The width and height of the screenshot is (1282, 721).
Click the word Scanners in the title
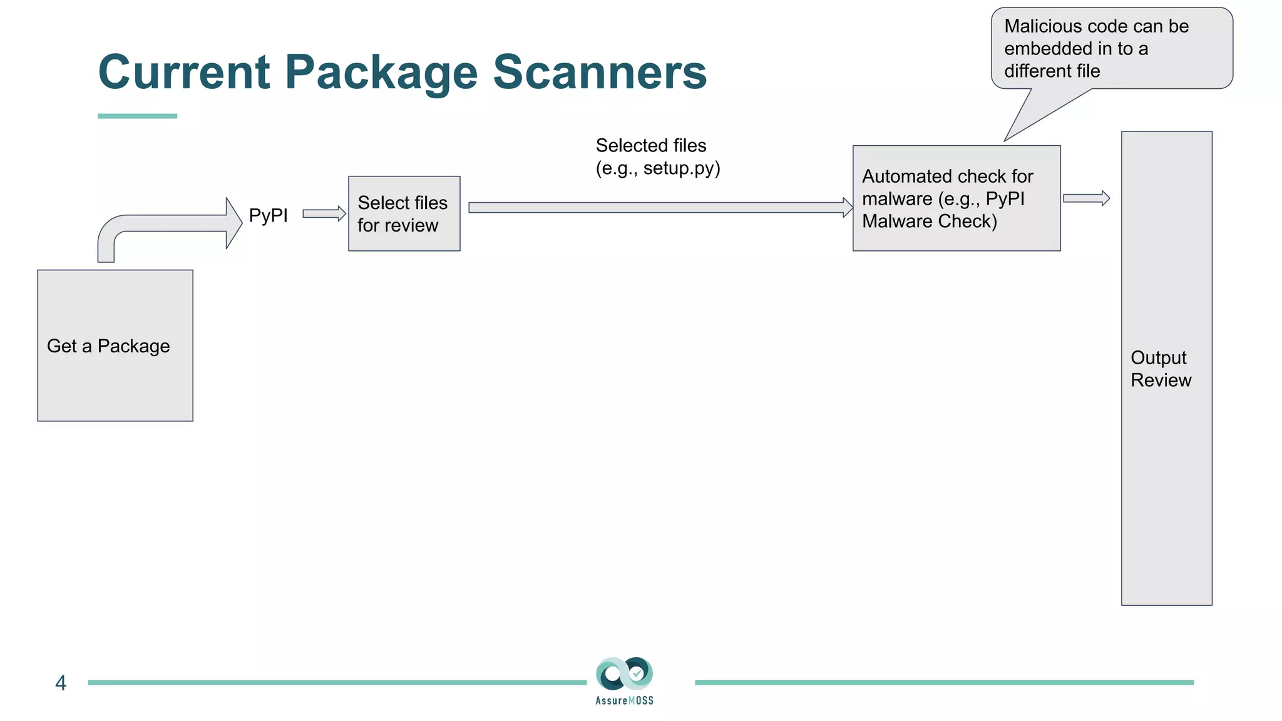(x=599, y=73)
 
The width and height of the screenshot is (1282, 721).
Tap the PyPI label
(x=268, y=215)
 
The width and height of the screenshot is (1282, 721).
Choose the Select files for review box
(x=404, y=213)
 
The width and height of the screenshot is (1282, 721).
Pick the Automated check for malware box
(x=956, y=198)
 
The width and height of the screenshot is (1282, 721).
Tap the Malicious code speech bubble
(x=1111, y=48)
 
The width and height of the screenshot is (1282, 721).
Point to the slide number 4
(x=61, y=682)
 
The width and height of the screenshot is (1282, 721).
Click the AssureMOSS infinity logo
(x=624, y=673)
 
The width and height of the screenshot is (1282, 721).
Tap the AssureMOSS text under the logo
(x=624, y=701)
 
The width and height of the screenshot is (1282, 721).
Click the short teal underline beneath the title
(x=137, y=116)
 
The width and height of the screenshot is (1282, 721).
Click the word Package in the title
(x=382, y=73)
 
